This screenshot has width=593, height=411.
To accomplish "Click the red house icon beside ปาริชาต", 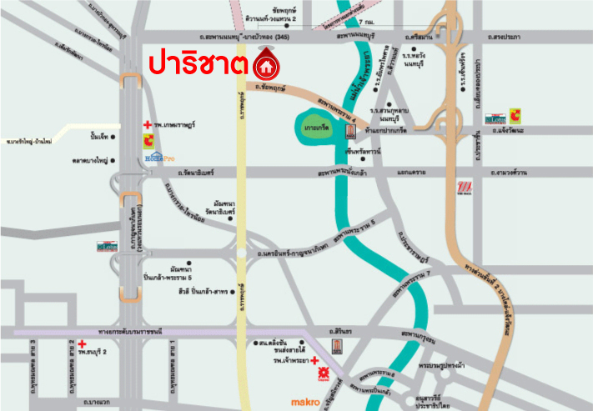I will point(266,64).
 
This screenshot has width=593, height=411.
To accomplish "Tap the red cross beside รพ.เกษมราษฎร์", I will point(148,123).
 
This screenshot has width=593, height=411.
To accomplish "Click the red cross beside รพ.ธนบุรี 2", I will point(83,343).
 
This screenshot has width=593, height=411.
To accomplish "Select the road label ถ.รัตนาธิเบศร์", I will point(196,173).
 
